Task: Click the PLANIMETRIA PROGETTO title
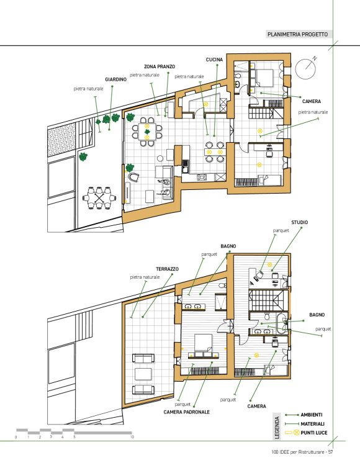click(297, 34)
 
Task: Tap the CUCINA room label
click(214, 60)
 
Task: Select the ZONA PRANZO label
click(160, 66)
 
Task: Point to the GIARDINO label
click(116, 79)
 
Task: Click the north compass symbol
click(305, 68)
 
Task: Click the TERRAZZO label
click(167, 269)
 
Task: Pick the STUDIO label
click(299, 222)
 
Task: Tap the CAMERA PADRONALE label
click(187, 412)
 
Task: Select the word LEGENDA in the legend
click(277, 428)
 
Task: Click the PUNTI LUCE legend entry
click(314, 433)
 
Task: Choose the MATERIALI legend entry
click(313, 423)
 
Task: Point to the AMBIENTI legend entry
click(312, 415)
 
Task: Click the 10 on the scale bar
click(132, 437)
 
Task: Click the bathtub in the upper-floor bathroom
click(282, 323)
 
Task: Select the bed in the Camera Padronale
click(204, 343)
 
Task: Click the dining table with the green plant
click(147, 132)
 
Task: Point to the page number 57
click(330, 452)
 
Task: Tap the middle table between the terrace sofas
click(143, 374)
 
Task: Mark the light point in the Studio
click(269, 264)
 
